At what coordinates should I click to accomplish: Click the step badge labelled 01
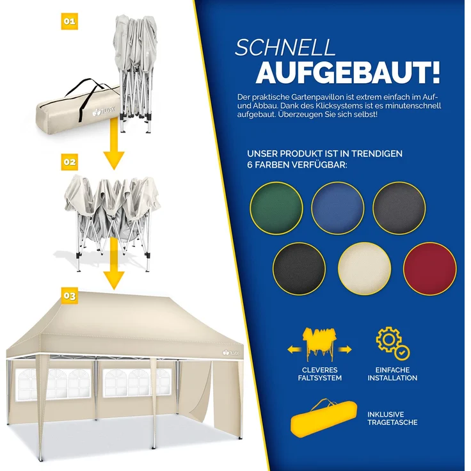coord(69,22)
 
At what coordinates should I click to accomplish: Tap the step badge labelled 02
coord(69,163)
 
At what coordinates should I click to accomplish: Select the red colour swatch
coord(430,269)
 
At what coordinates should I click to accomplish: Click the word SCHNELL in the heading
coord(285,48)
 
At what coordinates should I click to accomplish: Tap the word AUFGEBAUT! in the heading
coord(347,73)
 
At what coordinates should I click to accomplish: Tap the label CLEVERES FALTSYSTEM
coord(320,374)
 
